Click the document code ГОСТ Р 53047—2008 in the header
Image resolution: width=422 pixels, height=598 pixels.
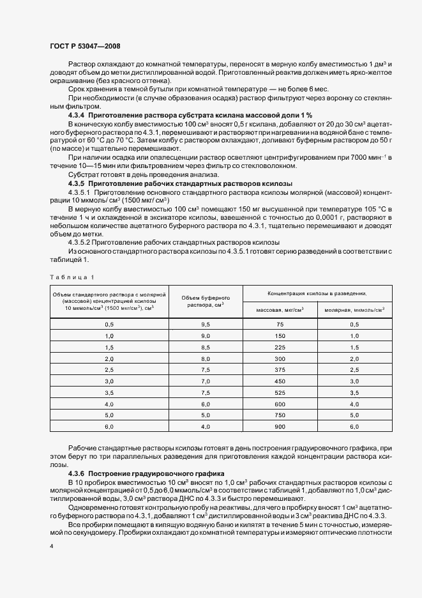click(x=84, y=46)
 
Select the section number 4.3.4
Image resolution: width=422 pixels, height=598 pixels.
click(x=79, y=114)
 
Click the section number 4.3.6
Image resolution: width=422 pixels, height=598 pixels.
click(x=79, y=474)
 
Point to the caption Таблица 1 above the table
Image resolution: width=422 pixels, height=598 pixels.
click(x=71, y=277)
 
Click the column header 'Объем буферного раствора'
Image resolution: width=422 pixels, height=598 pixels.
click(x=206, y=301)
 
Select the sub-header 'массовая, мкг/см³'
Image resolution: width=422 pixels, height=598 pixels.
click(x=279, y=310)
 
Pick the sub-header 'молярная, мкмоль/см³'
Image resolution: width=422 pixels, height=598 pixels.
click(x=354, y=310)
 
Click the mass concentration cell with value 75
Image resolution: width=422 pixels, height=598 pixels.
click(x=279, y=325)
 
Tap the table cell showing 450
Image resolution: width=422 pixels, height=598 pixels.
click(x=279, y=381)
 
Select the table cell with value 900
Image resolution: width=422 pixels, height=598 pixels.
click(x=279, y=425)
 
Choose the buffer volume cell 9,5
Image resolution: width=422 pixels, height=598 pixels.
click(x=206, y=325)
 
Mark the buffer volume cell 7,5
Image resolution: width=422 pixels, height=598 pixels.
click(x=206, y=369)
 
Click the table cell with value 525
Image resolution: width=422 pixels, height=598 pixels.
click(x=279, y=392)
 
